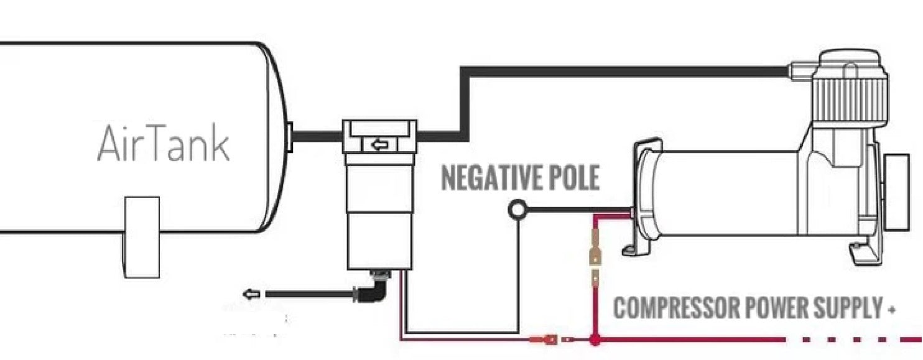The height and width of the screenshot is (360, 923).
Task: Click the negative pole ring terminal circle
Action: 517,210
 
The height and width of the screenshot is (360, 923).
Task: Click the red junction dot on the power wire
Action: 595,339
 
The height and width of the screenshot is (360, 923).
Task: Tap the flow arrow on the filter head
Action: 379,145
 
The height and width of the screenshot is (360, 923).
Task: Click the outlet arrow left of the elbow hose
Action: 251,293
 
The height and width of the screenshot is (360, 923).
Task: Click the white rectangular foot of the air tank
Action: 142,237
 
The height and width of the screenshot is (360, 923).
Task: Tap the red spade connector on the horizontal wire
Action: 544,339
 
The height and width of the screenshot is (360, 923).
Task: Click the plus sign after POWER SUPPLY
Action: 893,308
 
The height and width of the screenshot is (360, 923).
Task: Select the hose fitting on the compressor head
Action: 802,70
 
